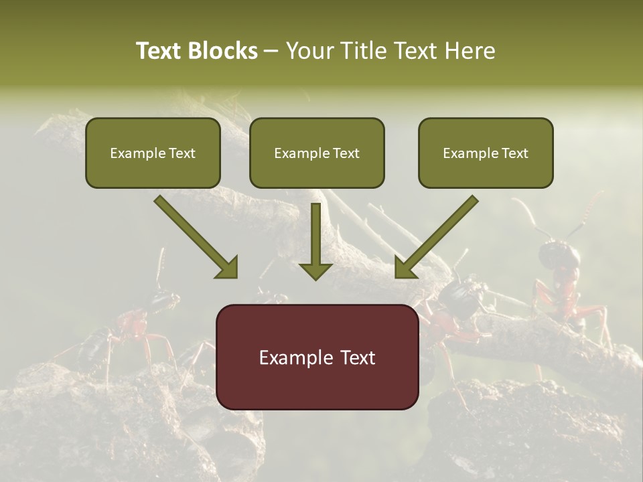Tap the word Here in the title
[x=471, y=51]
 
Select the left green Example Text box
[x=153, y=153]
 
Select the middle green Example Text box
[x=317, y=153]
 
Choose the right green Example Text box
[x=486, y=153]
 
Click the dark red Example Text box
[x=317, y=357]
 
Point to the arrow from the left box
[x=194, y=236]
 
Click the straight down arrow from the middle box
[x=316, y=238]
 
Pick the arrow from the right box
[x=439, y=236]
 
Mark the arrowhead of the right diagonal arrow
[x=406, y=267]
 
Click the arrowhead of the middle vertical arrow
[x=316, y=270]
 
